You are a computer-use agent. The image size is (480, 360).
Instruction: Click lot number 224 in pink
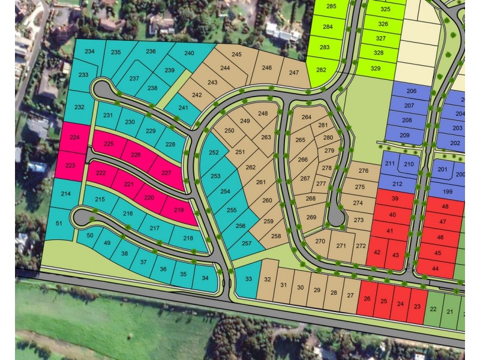74,137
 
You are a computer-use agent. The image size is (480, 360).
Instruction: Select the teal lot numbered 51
59,223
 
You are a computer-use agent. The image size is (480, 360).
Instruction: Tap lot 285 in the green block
332,7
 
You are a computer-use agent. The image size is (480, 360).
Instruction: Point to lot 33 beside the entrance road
248,278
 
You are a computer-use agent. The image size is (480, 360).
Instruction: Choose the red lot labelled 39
394,199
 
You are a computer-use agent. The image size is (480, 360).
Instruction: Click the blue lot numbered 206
411,91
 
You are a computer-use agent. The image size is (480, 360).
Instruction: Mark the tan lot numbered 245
236,55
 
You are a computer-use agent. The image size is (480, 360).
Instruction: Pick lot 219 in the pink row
179,211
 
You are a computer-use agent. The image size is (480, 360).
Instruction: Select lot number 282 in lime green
322,70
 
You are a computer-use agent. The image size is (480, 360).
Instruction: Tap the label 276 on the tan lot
364,171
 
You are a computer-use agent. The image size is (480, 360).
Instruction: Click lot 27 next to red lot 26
350,294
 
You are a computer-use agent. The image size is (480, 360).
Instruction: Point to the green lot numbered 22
433,310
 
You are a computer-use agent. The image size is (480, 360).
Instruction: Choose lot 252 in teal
214,152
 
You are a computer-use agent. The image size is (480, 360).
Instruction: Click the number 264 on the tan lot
307,118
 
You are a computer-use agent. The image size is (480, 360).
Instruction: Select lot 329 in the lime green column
376,68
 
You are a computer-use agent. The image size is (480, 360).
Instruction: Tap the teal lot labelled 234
89,52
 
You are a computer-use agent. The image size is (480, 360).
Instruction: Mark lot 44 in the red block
436,268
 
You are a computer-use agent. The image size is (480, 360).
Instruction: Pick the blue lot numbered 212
397,184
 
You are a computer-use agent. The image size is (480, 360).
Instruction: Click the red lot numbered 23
418,305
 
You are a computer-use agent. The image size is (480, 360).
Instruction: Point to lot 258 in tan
276,236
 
